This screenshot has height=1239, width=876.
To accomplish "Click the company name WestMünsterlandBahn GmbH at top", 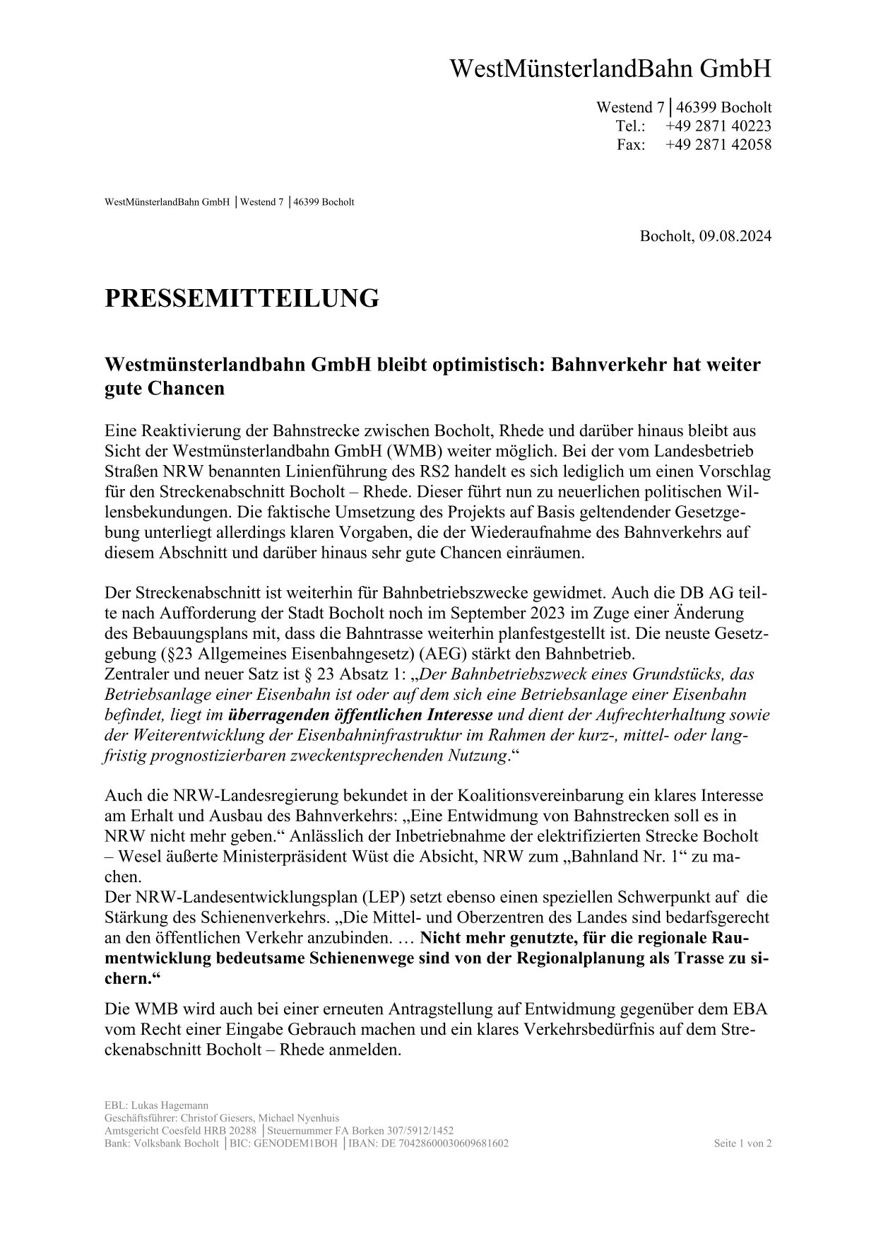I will (610, 69).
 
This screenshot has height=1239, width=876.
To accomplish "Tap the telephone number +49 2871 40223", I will (718, 126).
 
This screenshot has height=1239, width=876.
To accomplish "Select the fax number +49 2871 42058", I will (718, 144).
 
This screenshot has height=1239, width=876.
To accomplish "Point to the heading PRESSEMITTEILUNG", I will (242, 298).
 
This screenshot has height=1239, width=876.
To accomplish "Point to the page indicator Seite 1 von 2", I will (742, 1144).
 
